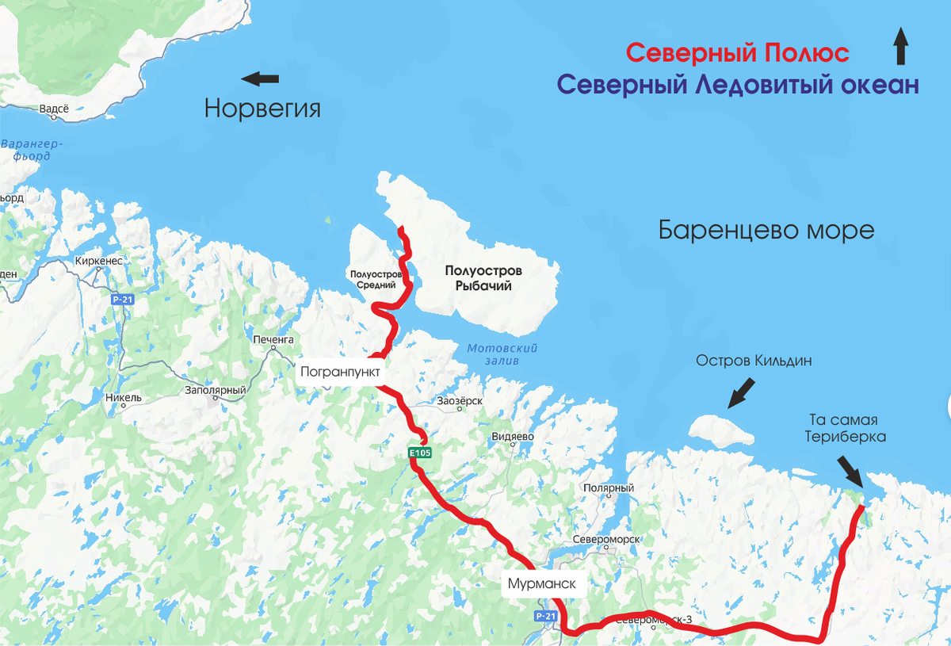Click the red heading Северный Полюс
pos(737,53)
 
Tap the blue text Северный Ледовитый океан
pos(737,85)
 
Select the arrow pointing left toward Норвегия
pos(260,78)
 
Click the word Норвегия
pos(262,108)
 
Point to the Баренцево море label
pos(766,230)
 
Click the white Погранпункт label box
pos(341,371)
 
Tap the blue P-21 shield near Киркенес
pos(122,300)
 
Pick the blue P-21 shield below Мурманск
pos(544,616)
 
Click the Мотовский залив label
pos(502,354)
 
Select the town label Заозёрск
pos(460,401)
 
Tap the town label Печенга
pos(273,339)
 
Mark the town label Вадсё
pos(54,109)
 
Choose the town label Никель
pos(123,397)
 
